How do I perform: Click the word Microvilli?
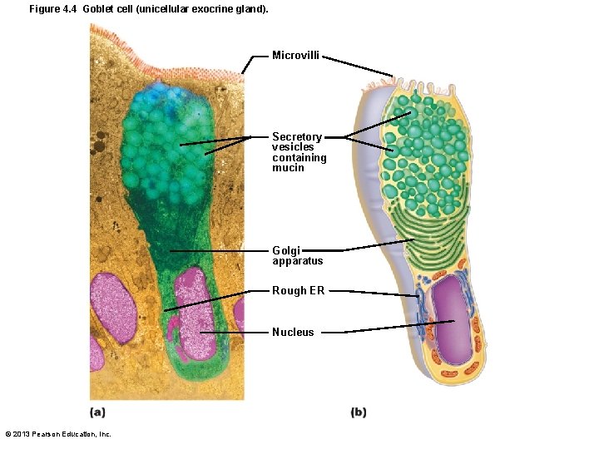tap(295, 56)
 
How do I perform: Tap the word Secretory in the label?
tap(297, 137)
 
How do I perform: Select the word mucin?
tap(288, 168)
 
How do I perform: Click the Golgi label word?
tap(286, 250)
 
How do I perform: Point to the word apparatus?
tap(297, 261)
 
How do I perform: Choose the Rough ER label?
tap(298, 291)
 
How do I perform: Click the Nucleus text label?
tap(293, 333)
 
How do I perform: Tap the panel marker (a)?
tap(97, 412)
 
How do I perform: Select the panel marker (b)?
tap(359, 412)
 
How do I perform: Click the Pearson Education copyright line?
tap(58, 434)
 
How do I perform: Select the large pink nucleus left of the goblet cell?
tap(115, 308)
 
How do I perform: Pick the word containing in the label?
tap(299, 158)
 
